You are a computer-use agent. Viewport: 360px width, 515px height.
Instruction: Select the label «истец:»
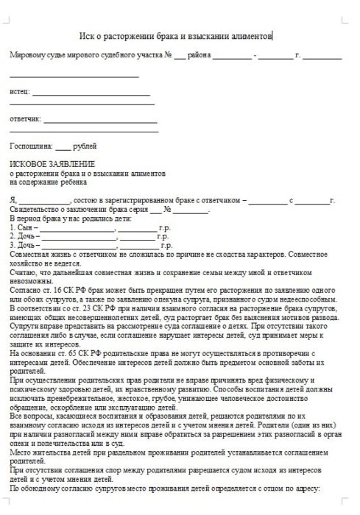pos(20,93)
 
